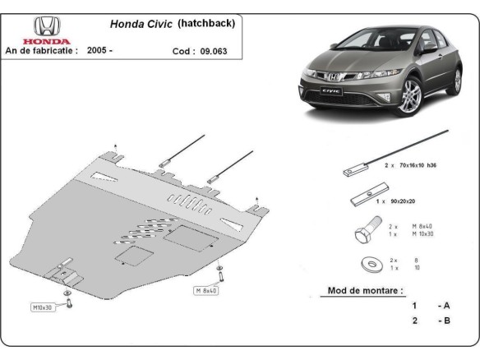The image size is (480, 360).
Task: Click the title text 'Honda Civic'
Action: [x=141, y=25]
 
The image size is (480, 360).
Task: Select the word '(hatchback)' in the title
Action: [x=207, y=24]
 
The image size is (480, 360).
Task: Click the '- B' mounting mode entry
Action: [x=444, y=320]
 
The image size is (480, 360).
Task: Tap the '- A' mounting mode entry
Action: [x=444, y=305]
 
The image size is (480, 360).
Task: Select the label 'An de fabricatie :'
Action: [x=42, y=50]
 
